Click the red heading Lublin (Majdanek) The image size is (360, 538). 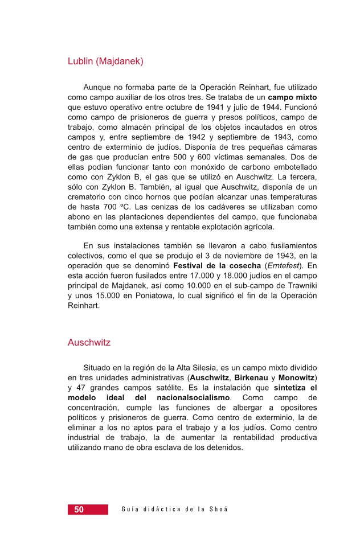click(105, 61)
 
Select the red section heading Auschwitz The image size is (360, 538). click(89, 343)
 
